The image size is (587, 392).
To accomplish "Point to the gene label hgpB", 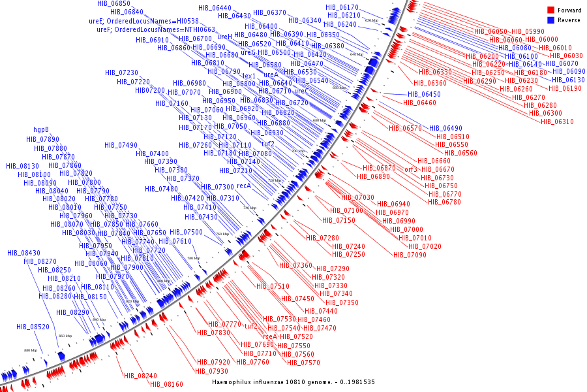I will pos(42,129).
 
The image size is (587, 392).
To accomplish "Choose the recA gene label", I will pos(244,186).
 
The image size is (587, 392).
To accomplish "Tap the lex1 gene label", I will pos(249,76).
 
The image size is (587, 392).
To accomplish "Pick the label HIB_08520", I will pos(33,326).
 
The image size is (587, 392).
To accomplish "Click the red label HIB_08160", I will pos(166,384).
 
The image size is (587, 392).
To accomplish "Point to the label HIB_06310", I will pos(557,122).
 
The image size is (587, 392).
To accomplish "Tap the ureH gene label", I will pos(224,37).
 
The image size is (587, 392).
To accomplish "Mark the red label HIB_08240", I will pos(140,376).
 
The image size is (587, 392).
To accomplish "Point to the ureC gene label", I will pos(301,91).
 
